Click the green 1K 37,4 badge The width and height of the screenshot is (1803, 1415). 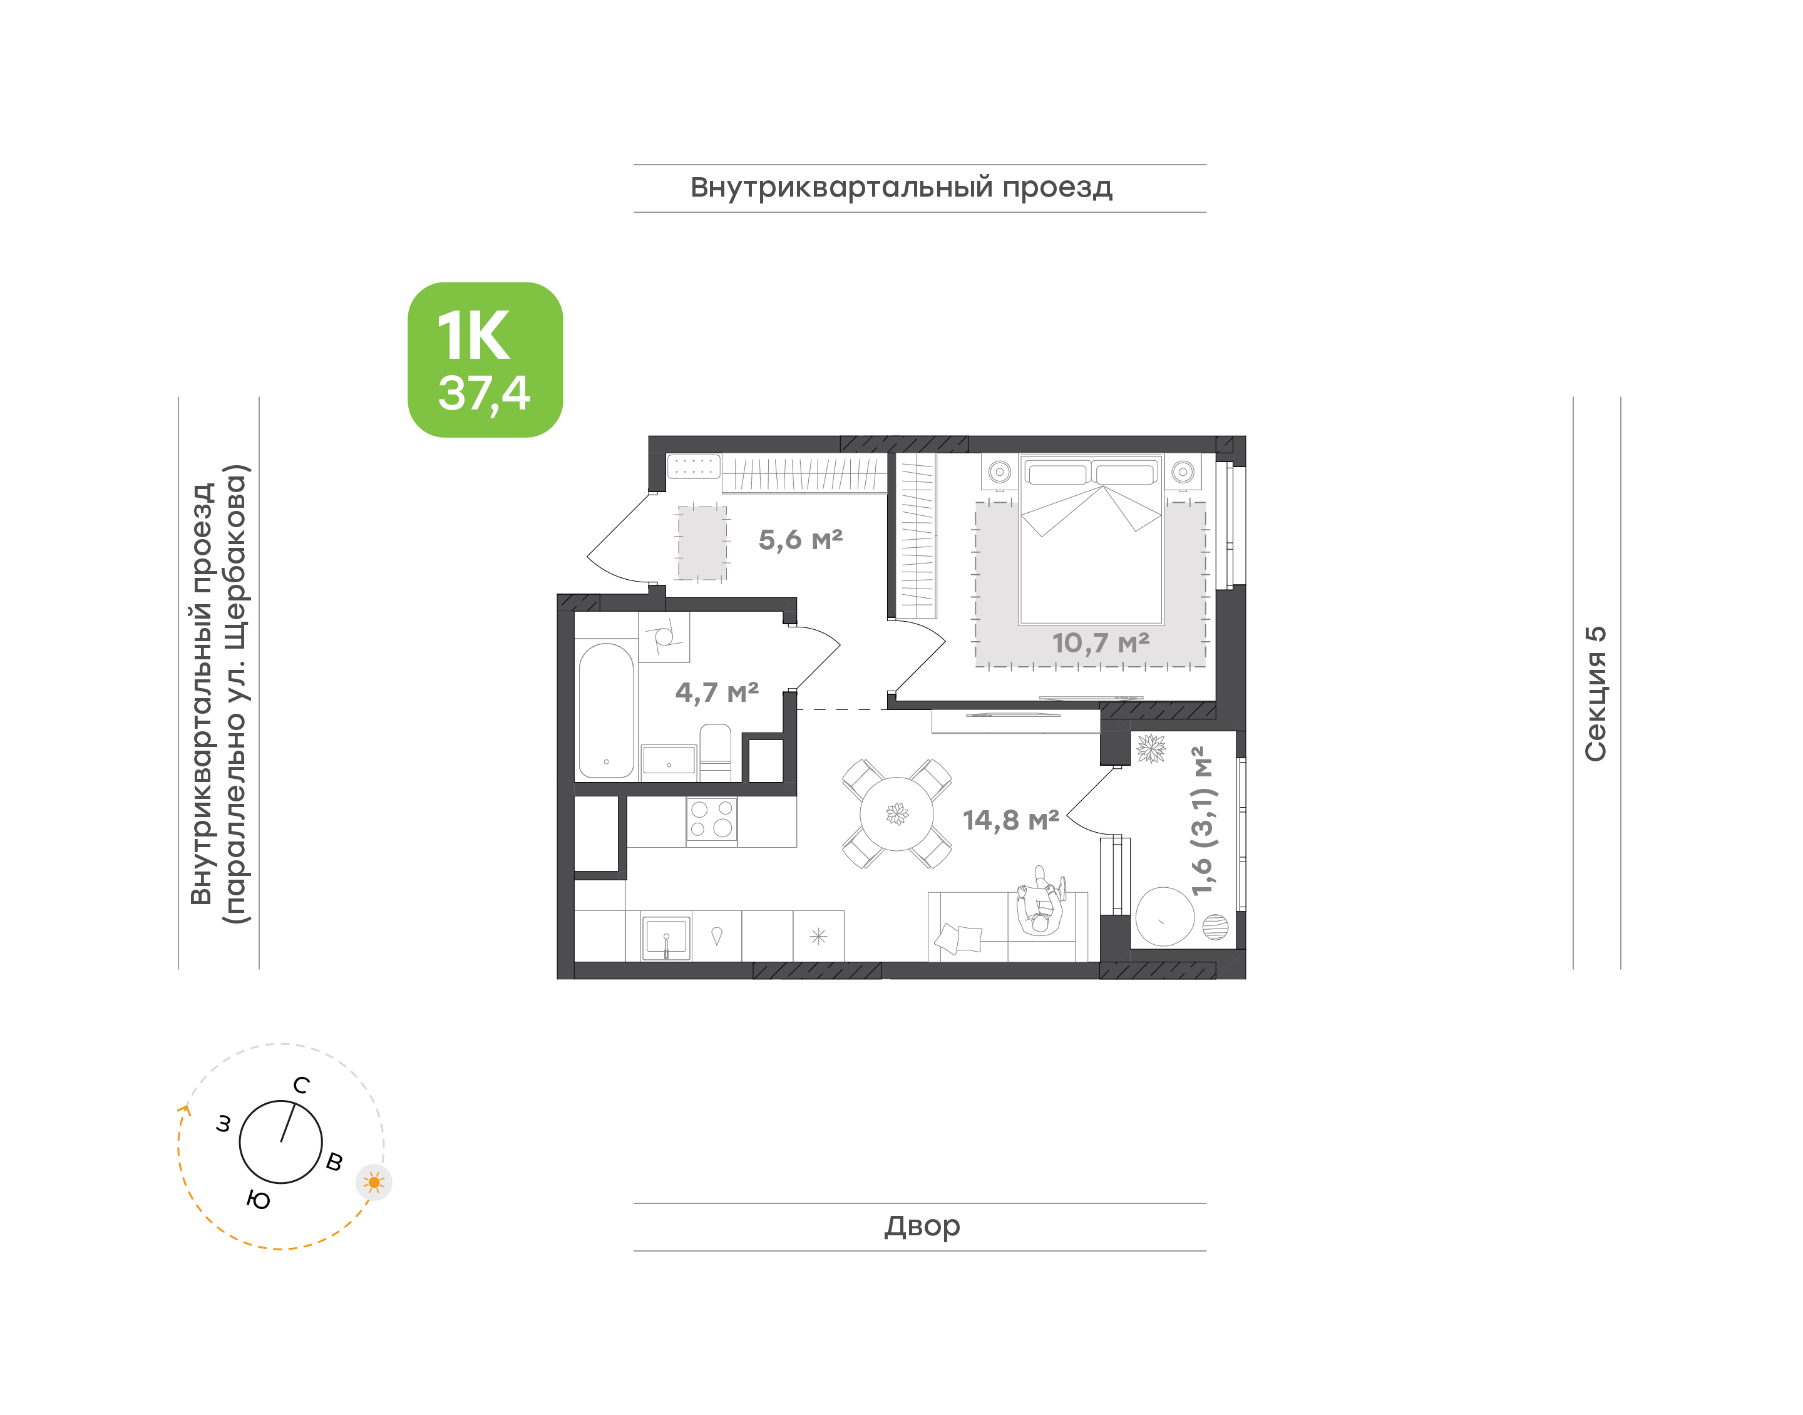click(485, 359)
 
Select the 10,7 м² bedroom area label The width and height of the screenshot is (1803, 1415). click(1100, 643)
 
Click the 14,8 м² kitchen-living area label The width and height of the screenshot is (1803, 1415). click(1010, 820)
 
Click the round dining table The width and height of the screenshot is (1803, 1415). click(897, 813)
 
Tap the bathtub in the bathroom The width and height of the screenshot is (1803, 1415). click(606, 711)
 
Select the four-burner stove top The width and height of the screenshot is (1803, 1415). click(711, 820)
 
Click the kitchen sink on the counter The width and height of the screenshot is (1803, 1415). click(667, 938)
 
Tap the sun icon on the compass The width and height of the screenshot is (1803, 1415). click(374, 1182)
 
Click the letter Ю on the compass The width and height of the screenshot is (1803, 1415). click(259, 1200)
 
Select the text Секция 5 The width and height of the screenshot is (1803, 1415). click(1595, 694)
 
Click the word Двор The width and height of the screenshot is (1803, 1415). click(922, 1226)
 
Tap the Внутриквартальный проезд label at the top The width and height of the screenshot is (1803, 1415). click(902, 188)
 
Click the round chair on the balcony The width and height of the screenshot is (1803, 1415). click(1164, 916)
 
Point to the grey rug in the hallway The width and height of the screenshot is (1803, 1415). click(702, 543)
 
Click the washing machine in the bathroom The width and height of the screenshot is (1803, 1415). click(664, 637)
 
